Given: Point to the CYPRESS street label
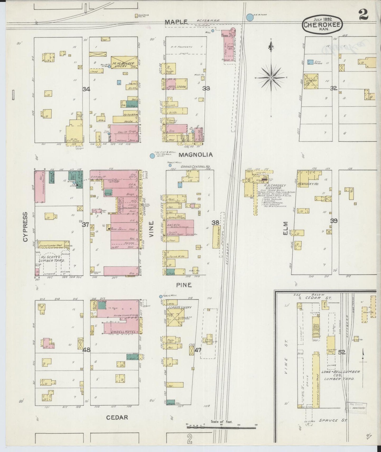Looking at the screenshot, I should (x=25, y=227).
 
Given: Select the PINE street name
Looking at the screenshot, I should (x=184, y=285).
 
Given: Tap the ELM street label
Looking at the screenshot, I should (x=286, y=228).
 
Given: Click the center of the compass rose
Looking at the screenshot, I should (x=271, y=78).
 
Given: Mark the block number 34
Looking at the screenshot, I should (x=86, y=89).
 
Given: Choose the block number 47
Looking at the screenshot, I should (x=198, y=350).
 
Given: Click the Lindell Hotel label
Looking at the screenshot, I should (x=120, y=331).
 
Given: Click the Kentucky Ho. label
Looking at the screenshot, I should (x=308, y=184).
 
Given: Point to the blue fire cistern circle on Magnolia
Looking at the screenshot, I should (x=152, y=156).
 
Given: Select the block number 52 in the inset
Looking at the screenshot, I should (x=342, y=352).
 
